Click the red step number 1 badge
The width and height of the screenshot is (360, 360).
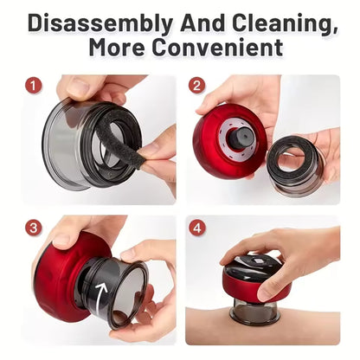click(34, 86)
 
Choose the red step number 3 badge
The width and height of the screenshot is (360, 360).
click(34, 228)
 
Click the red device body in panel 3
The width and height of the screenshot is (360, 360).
click(59, 277)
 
